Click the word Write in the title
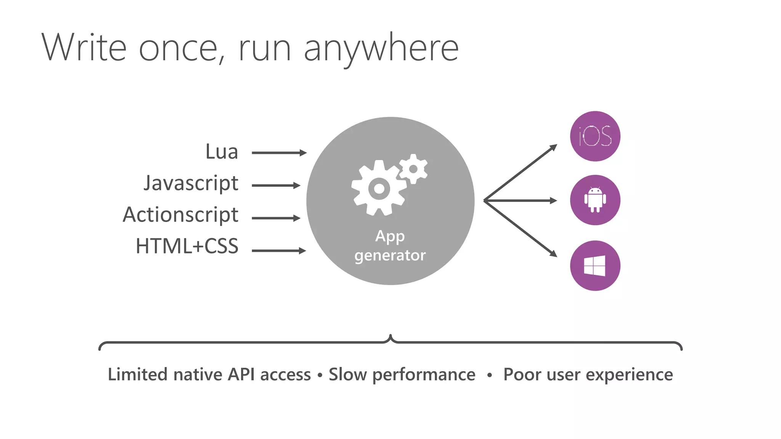(x=84, y=48)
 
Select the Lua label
(x=222, y=152)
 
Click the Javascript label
(x=191, y=184)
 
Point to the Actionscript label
(x=180, y=215)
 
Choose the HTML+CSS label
(x=187, y=246)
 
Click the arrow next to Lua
(x=279, y=153)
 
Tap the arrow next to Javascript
(x=276, y=186)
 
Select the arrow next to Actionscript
(x=276, y=218)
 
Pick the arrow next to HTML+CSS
(x=279, y=250)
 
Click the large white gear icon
(x=379, y=188)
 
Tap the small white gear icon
(x=413, y=169)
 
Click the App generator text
(x=390, y=246)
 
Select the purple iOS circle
(x=595, y=136)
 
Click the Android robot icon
(x=595, y=200)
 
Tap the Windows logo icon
(x=595, y=266)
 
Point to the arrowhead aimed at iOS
(x=553, y=147)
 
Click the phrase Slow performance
(x=402, y=374)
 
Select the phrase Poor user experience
(x=588, y=374)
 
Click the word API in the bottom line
(x=241, y=374)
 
